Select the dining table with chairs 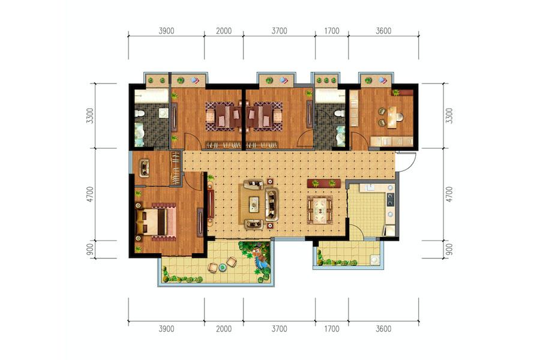pos(320,209)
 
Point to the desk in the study pos(392,117)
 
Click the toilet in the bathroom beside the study pos(339,113)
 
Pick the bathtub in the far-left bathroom pos(151,96)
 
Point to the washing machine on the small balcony pos(374,259)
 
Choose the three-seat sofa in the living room pos(272,204)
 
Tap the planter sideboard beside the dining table pos(324,183)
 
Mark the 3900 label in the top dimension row pos(166,31)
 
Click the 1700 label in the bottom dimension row pos(332,329)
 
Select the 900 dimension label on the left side pos(90,250)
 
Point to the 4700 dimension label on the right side pos(449,194)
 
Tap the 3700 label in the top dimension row pos(279,31)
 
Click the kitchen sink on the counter pos(371,188)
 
